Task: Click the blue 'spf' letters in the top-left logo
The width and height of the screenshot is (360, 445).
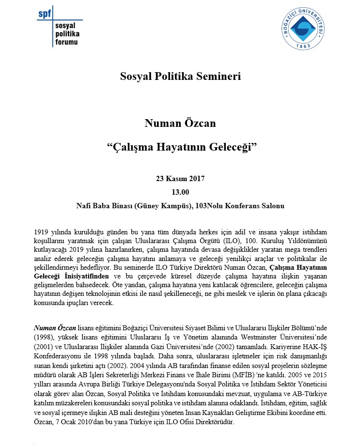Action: [44, 13]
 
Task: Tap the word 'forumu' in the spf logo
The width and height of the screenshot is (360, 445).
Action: [65, 43]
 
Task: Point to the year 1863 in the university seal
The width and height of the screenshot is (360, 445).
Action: [304, 46]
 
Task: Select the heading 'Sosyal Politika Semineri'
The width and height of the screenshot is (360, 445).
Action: [180, 76]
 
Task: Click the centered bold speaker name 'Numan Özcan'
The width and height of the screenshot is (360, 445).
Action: [180, 124]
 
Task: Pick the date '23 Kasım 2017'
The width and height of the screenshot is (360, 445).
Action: [180, 179]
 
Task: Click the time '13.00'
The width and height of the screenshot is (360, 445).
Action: [180, 192]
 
